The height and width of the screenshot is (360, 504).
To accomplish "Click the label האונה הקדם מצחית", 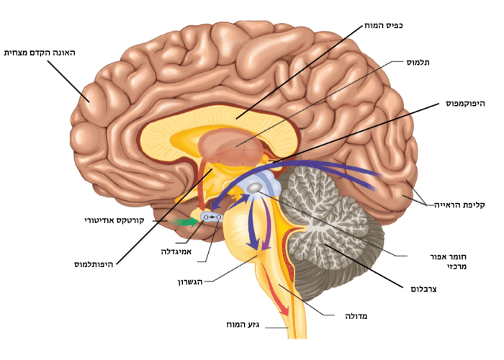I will click(x=40, y=53).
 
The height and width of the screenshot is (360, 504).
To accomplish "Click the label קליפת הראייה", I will click(x=459, y=205).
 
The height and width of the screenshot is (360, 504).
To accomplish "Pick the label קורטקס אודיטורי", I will click(x=125, y=219).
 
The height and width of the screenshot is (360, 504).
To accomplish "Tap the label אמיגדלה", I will click(x=178, y=252).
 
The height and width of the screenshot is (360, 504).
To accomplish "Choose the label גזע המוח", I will click(x=246, y=328).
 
